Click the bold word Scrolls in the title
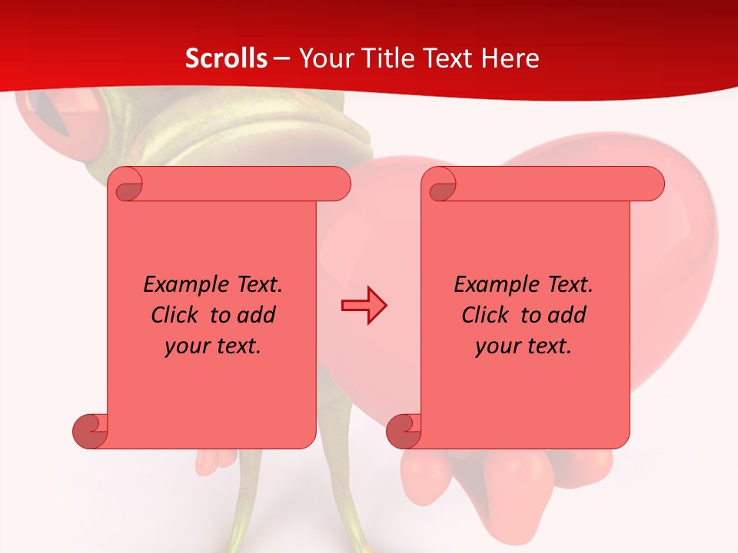point(227,58)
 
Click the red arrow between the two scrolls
point(364,306)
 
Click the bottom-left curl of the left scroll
point(89,431)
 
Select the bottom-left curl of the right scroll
point(403,431)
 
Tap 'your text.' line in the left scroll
point(213,346)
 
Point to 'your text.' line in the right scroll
point(524,346)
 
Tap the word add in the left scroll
point(257,315)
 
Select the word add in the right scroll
point(567,315)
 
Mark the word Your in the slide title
point(324,58)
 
